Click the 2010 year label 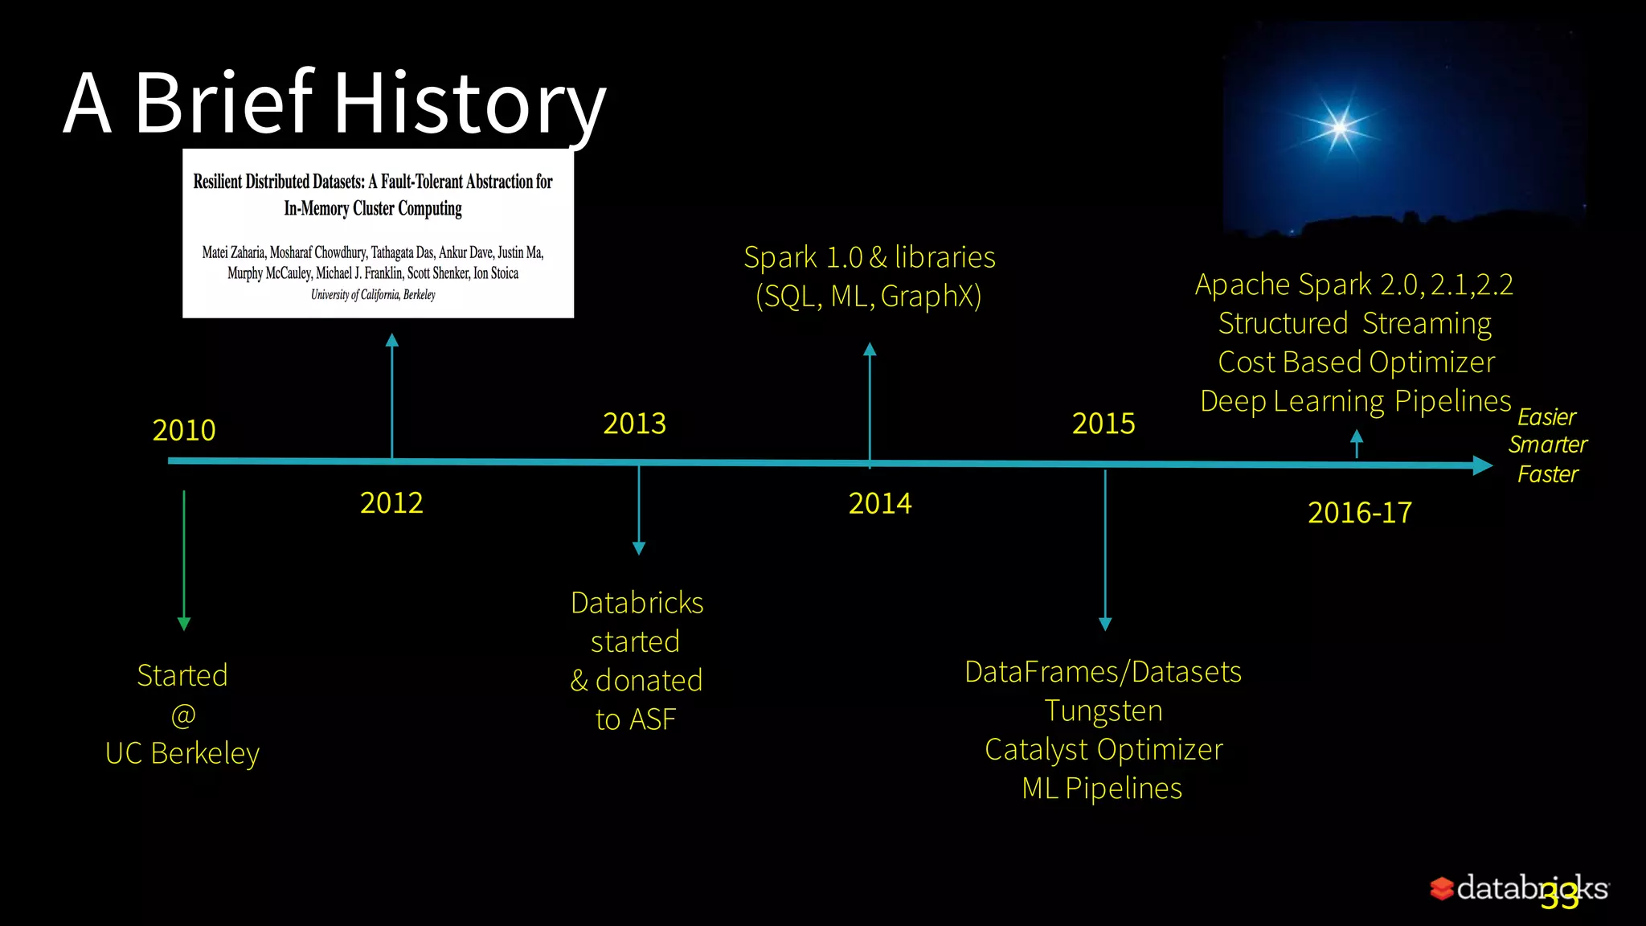(184, 430)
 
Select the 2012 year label (391, 503)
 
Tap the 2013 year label (635, 424)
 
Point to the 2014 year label (880, 504)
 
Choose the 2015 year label (1103, 424)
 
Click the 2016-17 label (1360, 513)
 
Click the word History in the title (469, 104)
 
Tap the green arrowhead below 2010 (184, 624)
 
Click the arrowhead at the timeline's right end (1482, 465)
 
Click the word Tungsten (1103, 711)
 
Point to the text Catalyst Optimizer (1103, 750)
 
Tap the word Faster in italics (1547, 474)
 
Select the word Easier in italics (1546, 417)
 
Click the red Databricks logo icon (1442, 888)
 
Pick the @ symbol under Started (183, 715)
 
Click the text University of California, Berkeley (373, 295)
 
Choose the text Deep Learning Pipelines (1356, 401)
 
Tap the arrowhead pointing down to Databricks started (639, 548)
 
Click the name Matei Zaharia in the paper (233, 252)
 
